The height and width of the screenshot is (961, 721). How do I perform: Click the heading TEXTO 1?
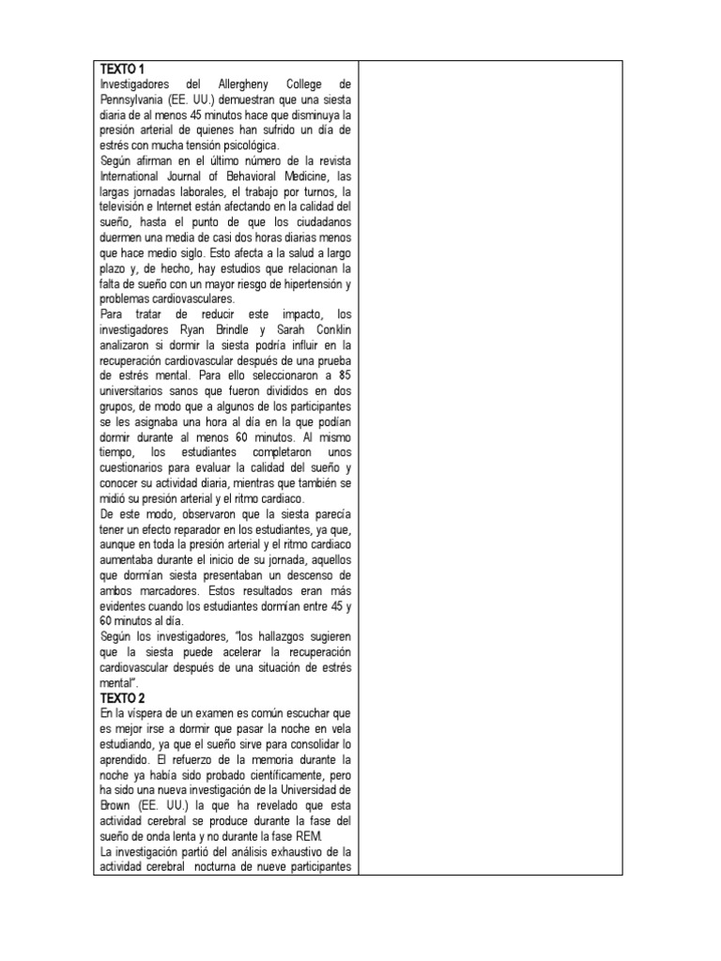pyautogui.click(x=124, y=70)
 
